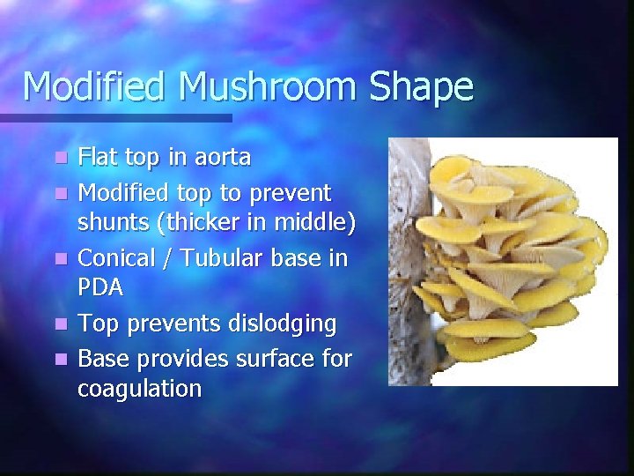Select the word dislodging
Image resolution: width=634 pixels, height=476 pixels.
click(280, 324)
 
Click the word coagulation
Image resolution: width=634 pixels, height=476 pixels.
click(139, 389)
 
